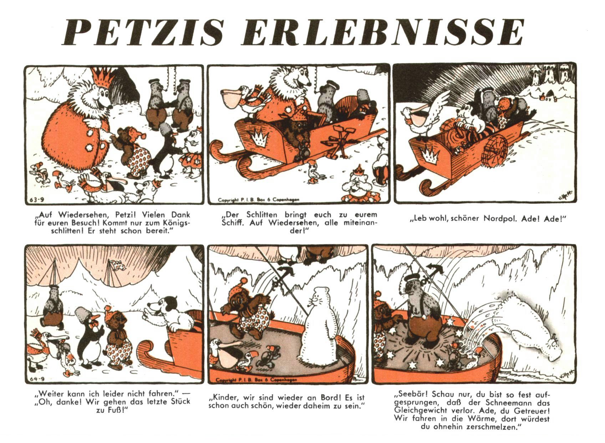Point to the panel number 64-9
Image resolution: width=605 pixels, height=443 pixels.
37,379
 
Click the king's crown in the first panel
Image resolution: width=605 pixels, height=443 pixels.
103,77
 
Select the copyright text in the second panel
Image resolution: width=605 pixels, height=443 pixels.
259,200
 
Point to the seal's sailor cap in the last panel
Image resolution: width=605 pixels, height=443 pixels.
412,277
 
